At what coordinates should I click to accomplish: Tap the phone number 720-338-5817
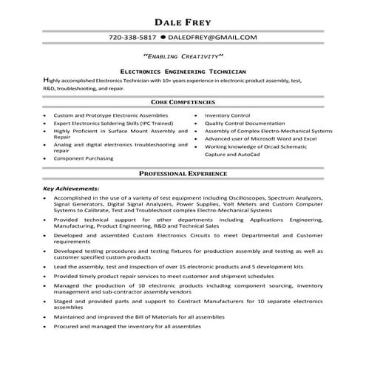coord(132,36)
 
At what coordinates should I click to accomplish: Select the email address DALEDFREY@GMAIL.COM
coord(213,36)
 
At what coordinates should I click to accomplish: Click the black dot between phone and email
coord(161,36)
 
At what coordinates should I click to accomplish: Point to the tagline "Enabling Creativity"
coord(183,56)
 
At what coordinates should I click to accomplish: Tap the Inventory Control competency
coord(228,116)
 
